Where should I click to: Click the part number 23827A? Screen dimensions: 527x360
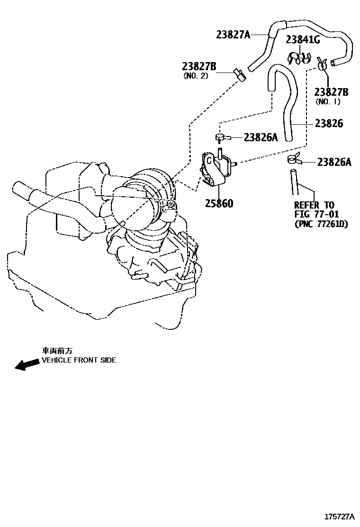click(x=233, y=34)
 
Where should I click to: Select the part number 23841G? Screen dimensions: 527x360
click(x=303, y=40)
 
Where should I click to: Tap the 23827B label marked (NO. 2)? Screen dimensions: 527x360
click(x=199, y=66)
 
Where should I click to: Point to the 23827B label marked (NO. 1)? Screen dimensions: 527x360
click(x=331, y=92)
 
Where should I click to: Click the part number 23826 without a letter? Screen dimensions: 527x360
click(x=329, y=123)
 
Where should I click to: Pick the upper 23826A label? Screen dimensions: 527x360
click(x=261, y=137)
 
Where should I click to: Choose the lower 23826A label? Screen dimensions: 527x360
click(x=334, y=163)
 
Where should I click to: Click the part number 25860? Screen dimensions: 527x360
click(x=219, y=203)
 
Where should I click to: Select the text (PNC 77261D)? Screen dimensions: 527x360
click(x=321, y=224)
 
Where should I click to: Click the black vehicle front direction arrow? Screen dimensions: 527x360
click(x=27, y=364)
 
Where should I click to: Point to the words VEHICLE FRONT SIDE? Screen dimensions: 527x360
click(x=79, y=360)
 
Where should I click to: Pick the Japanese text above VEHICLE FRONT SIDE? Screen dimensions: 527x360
click(x=57, y=351)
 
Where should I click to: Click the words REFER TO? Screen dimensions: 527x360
click(x=314, y=205)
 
